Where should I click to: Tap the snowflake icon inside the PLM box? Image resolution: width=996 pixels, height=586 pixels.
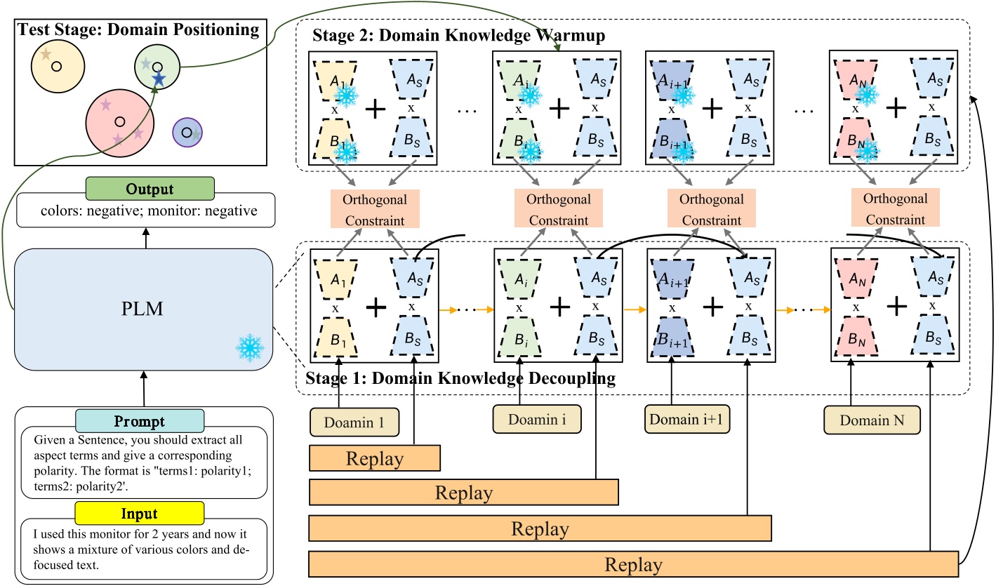pos(248,347)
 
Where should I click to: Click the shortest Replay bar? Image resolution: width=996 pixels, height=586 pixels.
pos(375,459)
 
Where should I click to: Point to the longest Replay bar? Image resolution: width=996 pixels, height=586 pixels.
pos(634,565)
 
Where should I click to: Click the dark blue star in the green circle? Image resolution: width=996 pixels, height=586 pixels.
pos(159,79)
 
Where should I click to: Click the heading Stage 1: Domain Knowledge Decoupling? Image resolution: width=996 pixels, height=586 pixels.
pos(460,380)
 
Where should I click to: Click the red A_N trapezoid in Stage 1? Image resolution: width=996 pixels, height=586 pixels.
pos(854,278)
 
